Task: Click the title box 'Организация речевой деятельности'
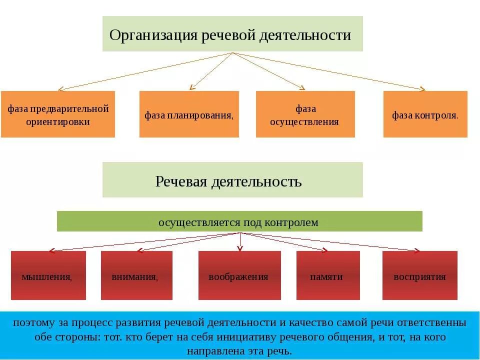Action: point(232,33)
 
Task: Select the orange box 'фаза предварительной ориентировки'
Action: point(58,114)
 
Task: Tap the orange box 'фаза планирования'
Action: point(189,114)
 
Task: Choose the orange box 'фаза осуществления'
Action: point(305,114)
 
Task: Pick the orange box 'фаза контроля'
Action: point(425,114)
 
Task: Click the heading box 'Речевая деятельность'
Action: point(232,179)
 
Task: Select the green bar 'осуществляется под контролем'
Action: point(239,221)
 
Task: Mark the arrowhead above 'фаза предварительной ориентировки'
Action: point(60,89)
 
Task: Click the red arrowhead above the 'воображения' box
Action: point(240,247)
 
